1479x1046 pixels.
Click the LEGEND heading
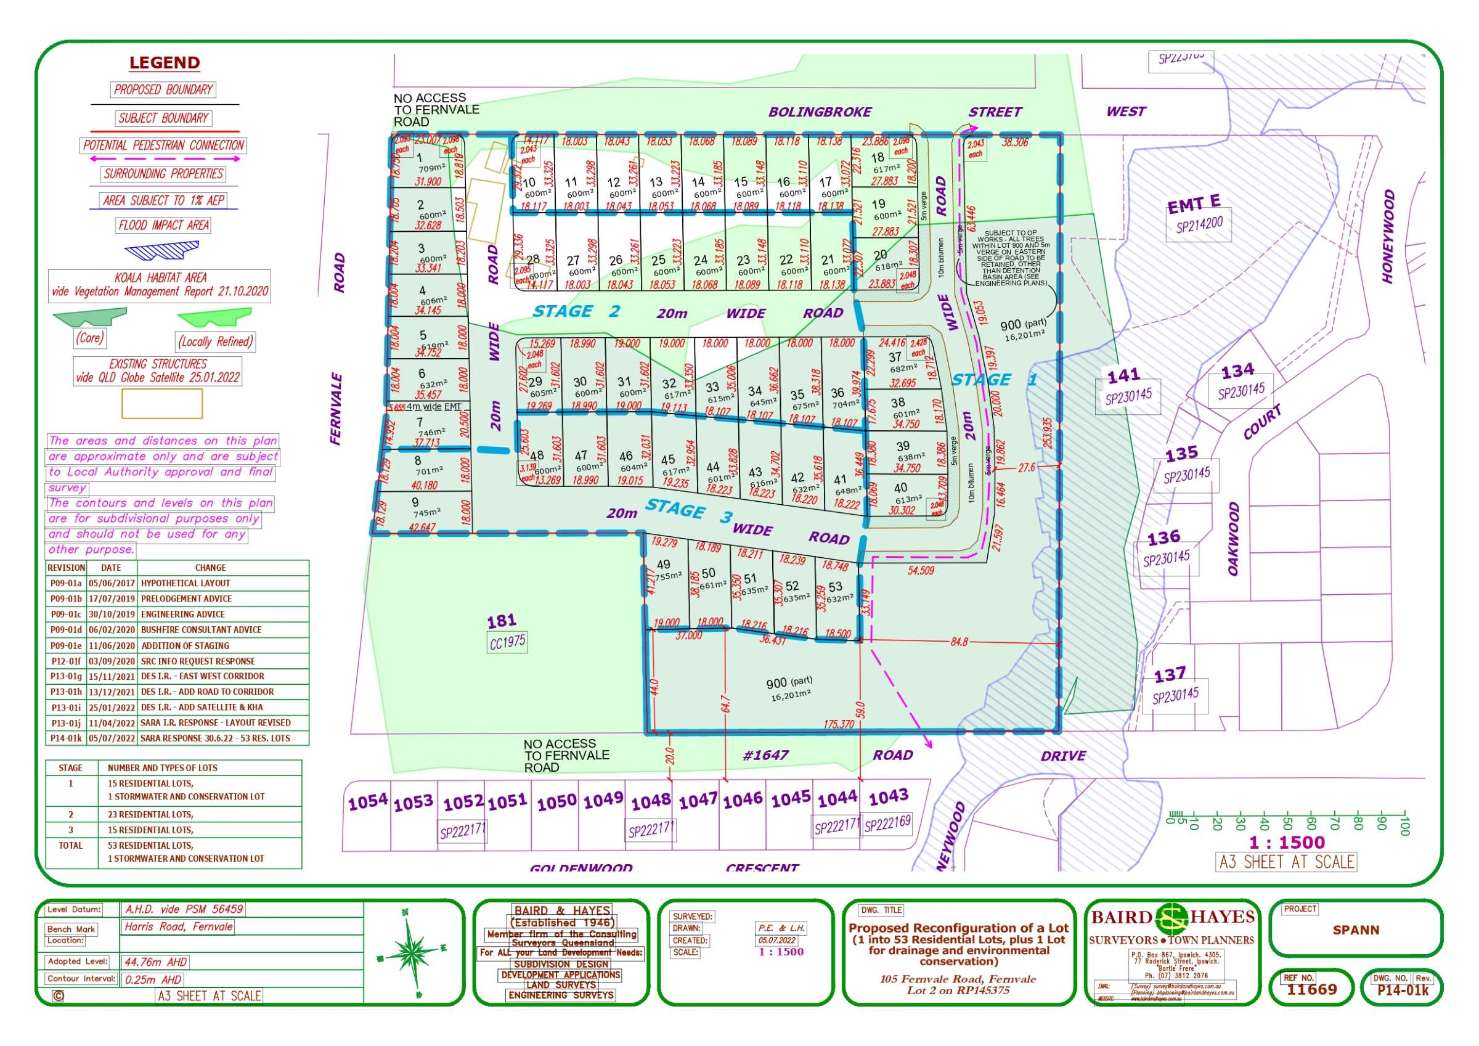pyautogui.click(x=165, y=62)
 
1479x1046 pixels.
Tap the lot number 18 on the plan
pyautogui.click(x=878, y=158)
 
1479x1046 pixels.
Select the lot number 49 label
pyautogui.click(x=663, y=565)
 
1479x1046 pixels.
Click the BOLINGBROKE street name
pyautogui.click(x=820, y=112)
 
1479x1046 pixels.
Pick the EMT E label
pyautogui.click(x=1194, y=204)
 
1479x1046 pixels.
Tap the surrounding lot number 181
pyautogui.click(x=502, y=621)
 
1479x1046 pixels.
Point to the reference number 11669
pyautogui.click(x=1311, y=989)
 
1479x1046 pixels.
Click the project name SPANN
pyautogui.click(x=1356, y=930)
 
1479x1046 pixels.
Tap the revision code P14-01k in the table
pyautogui.click(x=67, y=738)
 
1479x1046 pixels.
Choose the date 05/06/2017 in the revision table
pyautogui.click(x=111, y=583)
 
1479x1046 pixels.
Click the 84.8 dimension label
pyautogui.click(x=958, y=642)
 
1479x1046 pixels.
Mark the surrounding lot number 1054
pyautogui.click(x=368, y=803)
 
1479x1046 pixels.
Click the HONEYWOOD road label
pyautogui.click(x=1389, y=236)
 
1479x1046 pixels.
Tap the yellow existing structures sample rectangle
pyautogui.click(x=161, y=404)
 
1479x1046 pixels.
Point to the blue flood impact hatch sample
pyautogui.click(x=161, y=250)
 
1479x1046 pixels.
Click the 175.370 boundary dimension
pyautogui.click(x=839, y=724)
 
